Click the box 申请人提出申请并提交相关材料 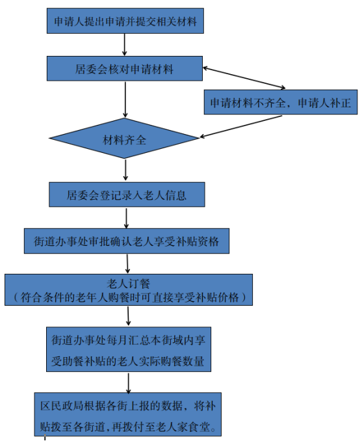point(125,21)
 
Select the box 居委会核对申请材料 point(125,69)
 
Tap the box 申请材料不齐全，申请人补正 point(281,102)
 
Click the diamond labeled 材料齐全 point(124,138)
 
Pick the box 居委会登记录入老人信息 point(127,194)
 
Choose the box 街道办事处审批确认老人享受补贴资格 point(127,241)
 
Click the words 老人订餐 point(129,284)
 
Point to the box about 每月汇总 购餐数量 point(129,349)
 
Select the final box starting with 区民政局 point(127,414)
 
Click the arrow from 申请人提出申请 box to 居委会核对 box point(125,45)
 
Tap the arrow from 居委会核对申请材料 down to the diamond point(125,100)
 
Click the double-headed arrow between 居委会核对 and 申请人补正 point(244,78)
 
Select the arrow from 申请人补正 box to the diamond point(241,126)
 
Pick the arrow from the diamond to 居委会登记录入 point(125,170)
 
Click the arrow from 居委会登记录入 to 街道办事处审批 point(126,219)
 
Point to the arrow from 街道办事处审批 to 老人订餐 point(127,264)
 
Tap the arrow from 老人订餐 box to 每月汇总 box point(128,316)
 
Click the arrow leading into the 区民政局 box point(129,383)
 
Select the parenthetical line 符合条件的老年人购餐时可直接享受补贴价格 point(130,297)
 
